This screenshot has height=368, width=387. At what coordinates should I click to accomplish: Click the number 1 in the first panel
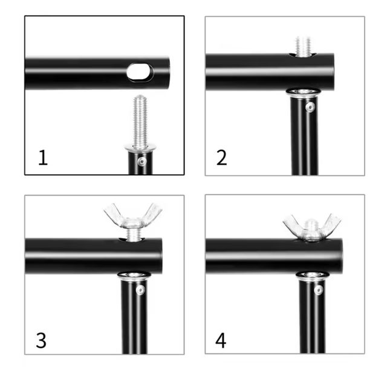pyautogui.click(x=43, y=157)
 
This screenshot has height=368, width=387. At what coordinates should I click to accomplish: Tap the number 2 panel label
pyautogui.click(x=221, y=157)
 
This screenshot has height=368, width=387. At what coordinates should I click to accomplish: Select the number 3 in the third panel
pyautogui.click(x=41, y=340)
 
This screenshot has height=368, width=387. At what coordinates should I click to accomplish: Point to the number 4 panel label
pyautogui.click(x=221, y=340)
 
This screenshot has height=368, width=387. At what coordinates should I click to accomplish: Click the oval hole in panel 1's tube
pyautogui.click(x=140, y=72)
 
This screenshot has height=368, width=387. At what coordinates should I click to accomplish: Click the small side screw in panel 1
pyautogui.click(x=142, y=161)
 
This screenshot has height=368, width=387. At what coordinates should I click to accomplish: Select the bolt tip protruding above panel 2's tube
pyautogui.click(x=303, y=47)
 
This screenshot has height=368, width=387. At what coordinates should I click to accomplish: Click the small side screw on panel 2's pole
pyautogui.click(x=310, y=107)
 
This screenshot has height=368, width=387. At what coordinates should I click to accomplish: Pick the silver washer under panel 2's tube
pyautogui.click(x=304, y=92)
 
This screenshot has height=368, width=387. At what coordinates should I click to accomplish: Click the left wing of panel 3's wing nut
pyautogui.click(x=114, y=213)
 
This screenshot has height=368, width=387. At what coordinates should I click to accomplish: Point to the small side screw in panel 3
pyautogui.click(x=140, y=290)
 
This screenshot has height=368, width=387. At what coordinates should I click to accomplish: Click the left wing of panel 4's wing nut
pyautogui.click(x=294, y=224)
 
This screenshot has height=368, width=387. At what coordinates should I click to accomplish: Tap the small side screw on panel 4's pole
pyautogui.click(x=319, y=290)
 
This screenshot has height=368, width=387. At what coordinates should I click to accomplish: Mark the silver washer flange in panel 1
pyautogui.click(x=140, y=147)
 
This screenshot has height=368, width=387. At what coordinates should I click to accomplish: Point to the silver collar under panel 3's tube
pyautogui.click(x=134, y=276)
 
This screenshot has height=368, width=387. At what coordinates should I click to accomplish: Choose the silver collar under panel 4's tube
pyautogui.click(x=312, y=276)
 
